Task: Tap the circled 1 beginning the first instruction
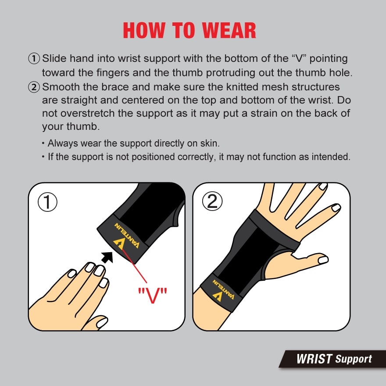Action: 34,58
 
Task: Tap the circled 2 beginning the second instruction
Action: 34,87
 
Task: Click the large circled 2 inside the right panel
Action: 212,202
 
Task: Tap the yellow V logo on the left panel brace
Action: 119,244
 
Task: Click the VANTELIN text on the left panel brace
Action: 127,235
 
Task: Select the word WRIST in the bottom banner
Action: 314,359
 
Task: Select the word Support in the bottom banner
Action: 354,359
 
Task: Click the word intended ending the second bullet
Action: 332,157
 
